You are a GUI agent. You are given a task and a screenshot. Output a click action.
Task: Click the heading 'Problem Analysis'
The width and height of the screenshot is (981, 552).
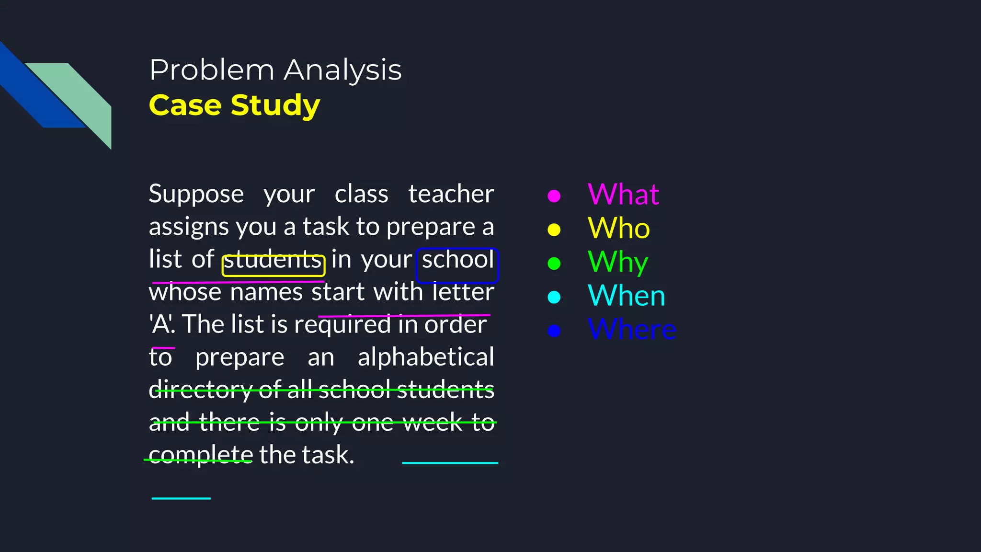[x=275, y=70]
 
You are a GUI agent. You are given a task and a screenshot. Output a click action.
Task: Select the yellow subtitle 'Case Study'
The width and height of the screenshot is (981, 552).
[x=234, y=105]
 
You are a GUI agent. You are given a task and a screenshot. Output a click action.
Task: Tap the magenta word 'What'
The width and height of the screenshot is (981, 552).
[x=623, y=195]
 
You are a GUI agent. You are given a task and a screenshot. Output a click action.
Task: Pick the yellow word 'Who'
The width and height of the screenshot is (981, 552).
[x=618, y=228]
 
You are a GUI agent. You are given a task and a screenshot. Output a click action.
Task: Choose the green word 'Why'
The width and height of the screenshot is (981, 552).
[x=617, y=262]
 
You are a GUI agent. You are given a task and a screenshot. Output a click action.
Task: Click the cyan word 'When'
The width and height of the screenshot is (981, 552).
[x=626, y=296]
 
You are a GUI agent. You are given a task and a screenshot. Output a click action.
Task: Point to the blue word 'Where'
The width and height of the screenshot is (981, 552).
[x=632, y=330]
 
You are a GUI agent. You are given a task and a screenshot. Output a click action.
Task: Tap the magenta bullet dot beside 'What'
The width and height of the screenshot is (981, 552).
[x=554, y=196]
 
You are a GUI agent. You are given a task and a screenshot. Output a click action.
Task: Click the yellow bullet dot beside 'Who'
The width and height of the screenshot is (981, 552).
[x=554, y=230]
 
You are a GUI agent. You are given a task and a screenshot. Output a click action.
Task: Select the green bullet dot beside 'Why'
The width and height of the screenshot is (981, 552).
[x=554, y=264]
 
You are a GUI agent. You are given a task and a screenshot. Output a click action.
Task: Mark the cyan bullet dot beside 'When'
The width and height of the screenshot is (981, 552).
[x=554, y=297]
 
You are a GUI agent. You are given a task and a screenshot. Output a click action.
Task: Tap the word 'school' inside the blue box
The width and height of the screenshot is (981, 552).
[x=457, y=260]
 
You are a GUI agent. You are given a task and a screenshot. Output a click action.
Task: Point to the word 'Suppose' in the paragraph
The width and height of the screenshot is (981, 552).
[x=196, y=194]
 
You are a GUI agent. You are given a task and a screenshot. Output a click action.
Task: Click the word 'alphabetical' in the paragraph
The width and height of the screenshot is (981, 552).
[x=426, y=357]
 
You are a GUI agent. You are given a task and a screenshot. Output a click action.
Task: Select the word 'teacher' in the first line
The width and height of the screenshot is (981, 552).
[x=451, y=194]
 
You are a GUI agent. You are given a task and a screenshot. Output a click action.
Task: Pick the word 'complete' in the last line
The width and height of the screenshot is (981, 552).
[x=201, y=455]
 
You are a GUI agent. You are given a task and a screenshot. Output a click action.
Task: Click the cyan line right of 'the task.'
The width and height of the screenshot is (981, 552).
[x=450, y=463]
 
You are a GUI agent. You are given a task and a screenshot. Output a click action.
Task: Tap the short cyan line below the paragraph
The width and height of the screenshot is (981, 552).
[x=181, y=498]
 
